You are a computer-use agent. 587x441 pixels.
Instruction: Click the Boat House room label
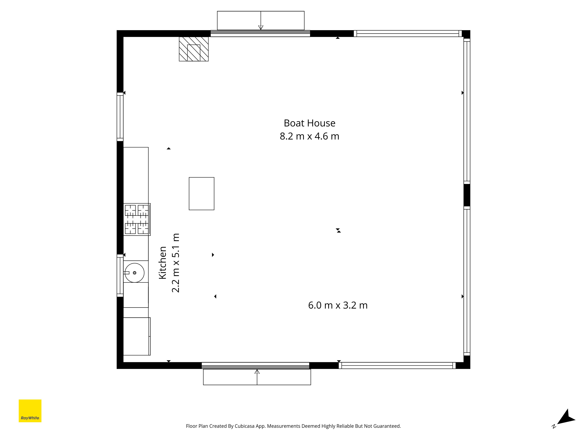coord(309,123)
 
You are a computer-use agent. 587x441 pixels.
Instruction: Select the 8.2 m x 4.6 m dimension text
coord(309,136)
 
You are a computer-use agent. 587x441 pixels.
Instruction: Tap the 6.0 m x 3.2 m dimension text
coord(338,305)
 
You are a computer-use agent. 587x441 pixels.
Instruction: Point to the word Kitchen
coord(162,263)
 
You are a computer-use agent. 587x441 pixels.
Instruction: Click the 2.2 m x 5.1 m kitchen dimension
coord(176,263)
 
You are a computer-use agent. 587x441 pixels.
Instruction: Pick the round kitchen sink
coord(135,273)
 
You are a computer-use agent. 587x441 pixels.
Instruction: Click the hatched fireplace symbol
coord(194,49)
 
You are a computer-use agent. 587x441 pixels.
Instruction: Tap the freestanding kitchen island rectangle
coord(201,193)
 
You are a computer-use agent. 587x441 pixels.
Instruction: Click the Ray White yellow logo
coord(30,411)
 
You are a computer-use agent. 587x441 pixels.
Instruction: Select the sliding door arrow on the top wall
coord(261,20)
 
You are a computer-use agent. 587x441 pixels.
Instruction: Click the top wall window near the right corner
coord(408,34)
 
